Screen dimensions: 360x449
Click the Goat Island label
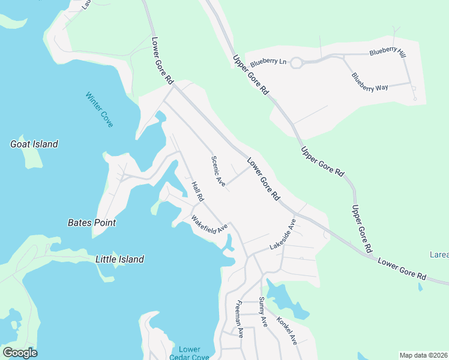click(x=34, y=144)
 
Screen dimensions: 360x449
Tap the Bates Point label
click(x=92, y=223)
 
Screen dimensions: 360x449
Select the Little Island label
click(x=120, y=259)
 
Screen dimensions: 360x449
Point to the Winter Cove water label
click(x=99, y=109)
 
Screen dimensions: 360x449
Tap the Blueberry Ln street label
click(x=268, y=61)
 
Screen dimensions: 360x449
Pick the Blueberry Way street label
click(x=370, y=82)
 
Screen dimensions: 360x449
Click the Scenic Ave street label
click(x=218, y=171)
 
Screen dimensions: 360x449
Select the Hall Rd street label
click(x=198, y=191)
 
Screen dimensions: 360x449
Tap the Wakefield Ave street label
click(x=210, y=224)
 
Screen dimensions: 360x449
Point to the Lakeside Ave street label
click(x=283, y=235)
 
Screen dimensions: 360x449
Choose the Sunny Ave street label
click(x=262, y=311)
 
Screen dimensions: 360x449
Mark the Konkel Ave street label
click(x=286, y=331)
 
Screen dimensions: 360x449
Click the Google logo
click(x=20, y=353)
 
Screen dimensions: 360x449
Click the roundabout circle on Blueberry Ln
click(x=296, y=62)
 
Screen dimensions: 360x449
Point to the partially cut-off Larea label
click(x=439, y=255)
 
